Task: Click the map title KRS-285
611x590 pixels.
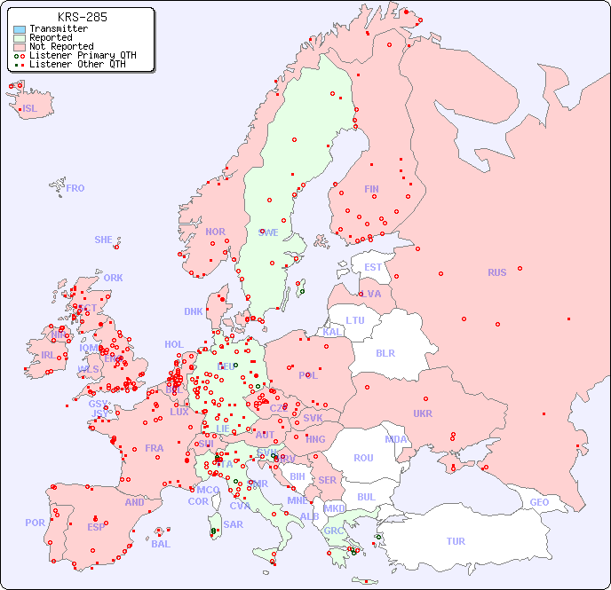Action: click(x=82, y=17)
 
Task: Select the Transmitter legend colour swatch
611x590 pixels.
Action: click(x=20, y=29)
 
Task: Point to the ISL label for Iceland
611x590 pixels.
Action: click(x=30, y=109)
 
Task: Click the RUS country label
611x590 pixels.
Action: click(x=496, y=272)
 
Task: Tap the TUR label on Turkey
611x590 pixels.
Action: click(x=456, y=541)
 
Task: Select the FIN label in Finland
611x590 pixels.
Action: click(x=371, y=189)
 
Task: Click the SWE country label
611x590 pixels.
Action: click(x=268, y=232)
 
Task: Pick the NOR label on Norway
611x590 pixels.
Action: click(x=215, y=232)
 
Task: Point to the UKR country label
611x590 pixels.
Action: click(x=423, y=413)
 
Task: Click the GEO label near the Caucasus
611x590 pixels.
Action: click(x=539, y=502)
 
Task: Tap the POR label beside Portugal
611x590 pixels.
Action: click(x=35, y=523)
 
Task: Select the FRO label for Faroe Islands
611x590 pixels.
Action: click(x=75, y=188)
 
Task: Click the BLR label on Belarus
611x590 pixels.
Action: click(x=385, y=352)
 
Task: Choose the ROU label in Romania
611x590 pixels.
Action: click(x=363, y=458)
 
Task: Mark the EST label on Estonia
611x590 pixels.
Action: click(x=373, y=267)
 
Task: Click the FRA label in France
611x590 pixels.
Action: click(x=155, y=448)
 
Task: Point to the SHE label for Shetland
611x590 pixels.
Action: click(x=104, y=240)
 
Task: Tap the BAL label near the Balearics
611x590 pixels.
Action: click(x=161, y=544)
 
